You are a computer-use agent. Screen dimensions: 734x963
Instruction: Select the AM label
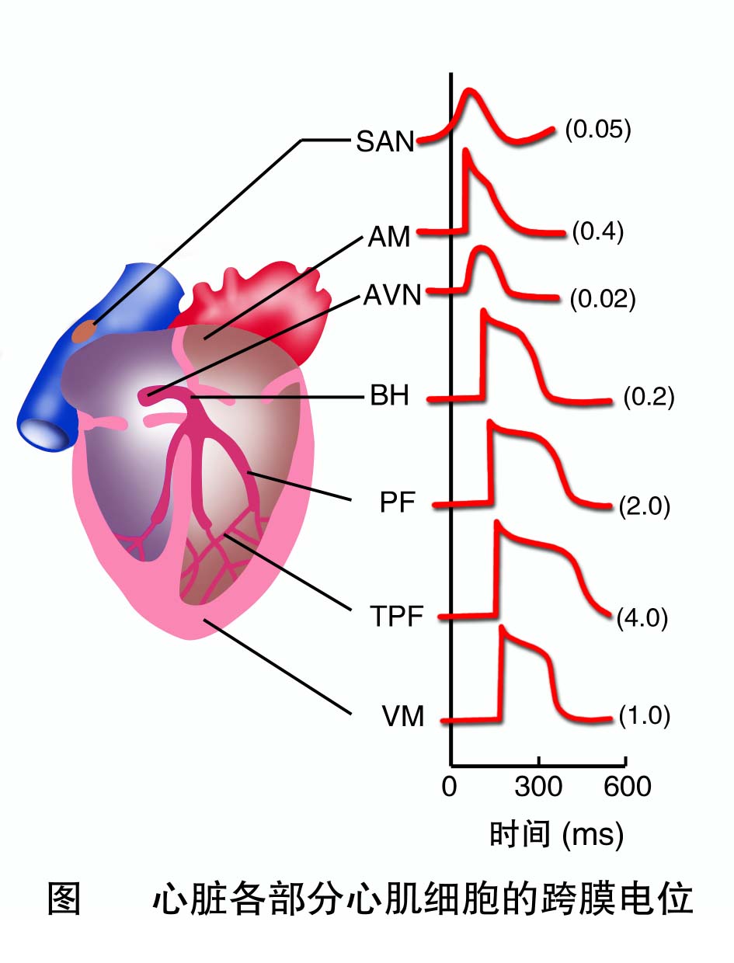tap(389, 236)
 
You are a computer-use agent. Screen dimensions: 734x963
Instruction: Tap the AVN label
tap(392, 296)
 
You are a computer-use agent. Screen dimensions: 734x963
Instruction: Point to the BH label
tap(389, 398)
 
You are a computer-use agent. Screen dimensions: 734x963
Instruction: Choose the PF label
tap(398, 503)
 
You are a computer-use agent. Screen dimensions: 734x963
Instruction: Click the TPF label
tap(396, 618)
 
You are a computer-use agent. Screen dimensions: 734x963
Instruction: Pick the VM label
tap(403, 717)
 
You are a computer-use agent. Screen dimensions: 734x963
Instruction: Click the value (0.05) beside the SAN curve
tap(597, 129)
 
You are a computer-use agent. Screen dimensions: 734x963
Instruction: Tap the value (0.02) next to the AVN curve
tap(602, 299)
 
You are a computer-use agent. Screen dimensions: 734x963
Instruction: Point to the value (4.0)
tap(642, 621)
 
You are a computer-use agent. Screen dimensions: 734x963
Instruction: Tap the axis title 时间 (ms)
tap(556, 834)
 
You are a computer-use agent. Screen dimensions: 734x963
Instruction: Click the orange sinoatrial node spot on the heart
tap(85, 332)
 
